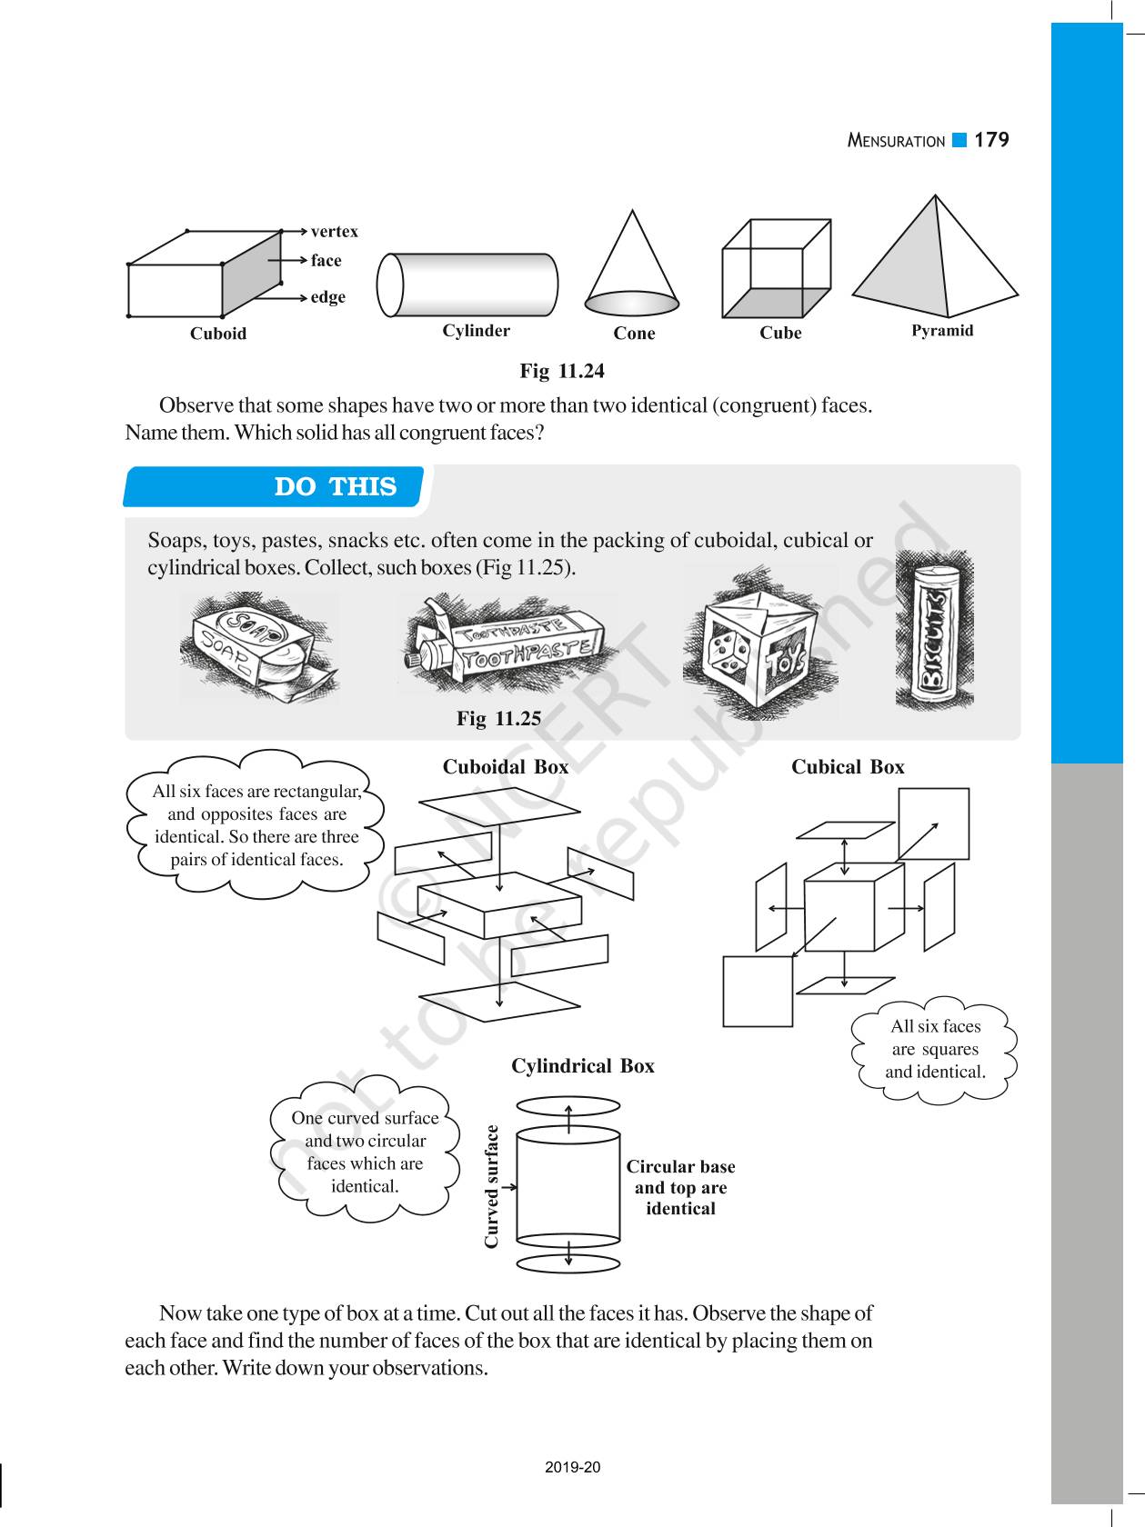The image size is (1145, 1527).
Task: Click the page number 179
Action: point(990,140)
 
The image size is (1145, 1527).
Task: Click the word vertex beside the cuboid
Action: point(334,232)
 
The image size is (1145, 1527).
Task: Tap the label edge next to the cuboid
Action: point(327,297)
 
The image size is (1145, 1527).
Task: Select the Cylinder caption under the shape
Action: point(476,331)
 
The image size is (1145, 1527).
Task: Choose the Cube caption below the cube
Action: point(780,333)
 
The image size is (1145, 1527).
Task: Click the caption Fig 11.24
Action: point(561,371)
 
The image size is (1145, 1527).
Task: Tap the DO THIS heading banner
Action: point(336,487)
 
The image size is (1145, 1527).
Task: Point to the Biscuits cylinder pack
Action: point(934,633)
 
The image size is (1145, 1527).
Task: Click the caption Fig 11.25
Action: point(498,719)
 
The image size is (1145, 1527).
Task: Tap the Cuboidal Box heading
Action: point(506,767)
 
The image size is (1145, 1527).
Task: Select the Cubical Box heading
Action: point(848,767)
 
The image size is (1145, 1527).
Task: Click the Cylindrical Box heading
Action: point(582,1066)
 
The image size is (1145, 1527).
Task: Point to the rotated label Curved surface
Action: point(492,1186)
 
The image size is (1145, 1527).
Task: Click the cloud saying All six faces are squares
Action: point(935,1050)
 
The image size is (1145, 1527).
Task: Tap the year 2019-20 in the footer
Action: point(573,1467)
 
